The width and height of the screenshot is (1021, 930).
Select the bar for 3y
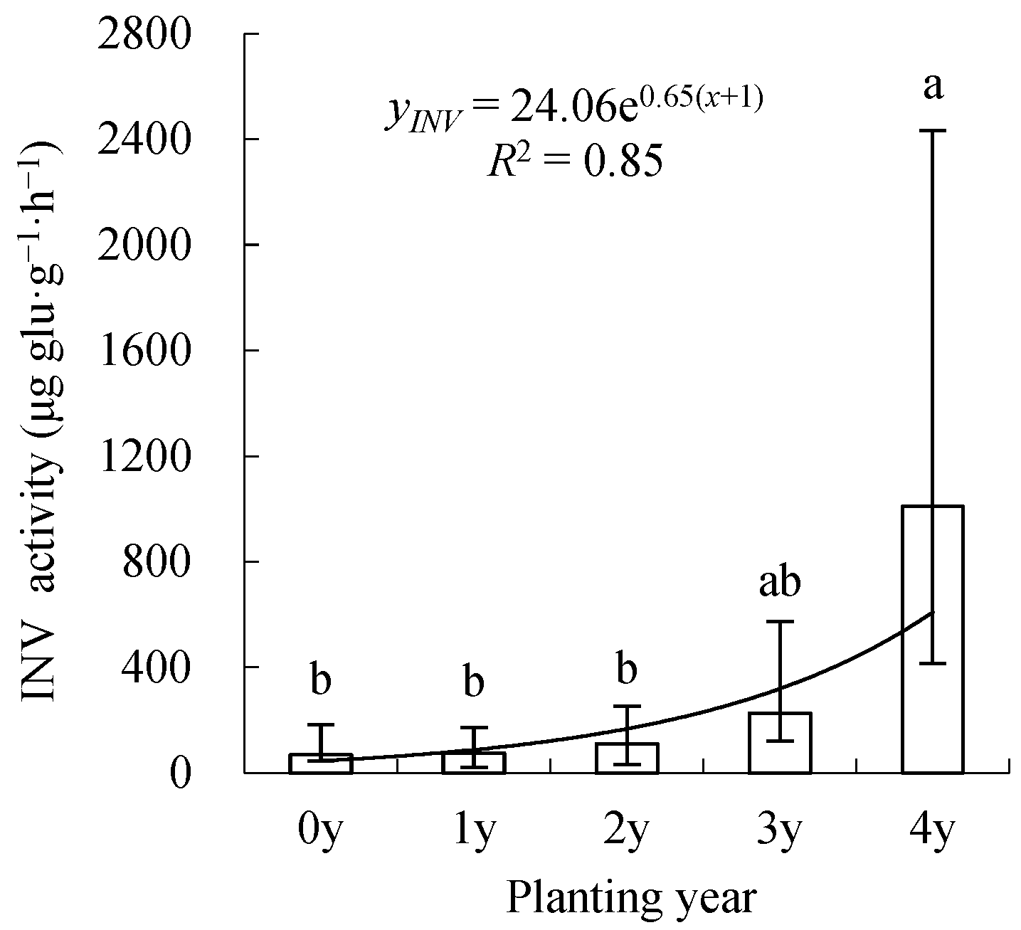coord(780,743)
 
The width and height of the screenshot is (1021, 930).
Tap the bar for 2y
coord(627,759)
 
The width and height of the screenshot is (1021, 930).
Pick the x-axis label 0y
coord(320,830)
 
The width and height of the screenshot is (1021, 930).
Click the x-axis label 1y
coord(473,830)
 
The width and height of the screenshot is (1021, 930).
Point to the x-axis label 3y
coord(779,830)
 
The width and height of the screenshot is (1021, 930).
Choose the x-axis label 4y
coord(932,830)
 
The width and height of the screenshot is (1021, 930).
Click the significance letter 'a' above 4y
coord(933,87)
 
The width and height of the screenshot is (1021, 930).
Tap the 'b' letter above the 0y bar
coord(321,680)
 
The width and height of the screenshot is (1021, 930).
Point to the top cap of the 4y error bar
coord(933,131)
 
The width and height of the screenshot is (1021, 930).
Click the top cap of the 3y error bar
coord(780,621)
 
